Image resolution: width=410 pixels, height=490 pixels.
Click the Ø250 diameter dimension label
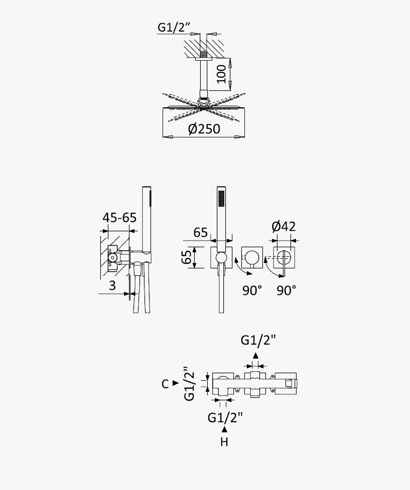tap(204, 129)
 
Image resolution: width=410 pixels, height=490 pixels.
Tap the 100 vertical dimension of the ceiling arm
tap(221, 74)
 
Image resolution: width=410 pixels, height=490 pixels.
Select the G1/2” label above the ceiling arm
tap(174, 27)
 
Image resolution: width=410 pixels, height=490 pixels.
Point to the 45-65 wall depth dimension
tap(119, 218)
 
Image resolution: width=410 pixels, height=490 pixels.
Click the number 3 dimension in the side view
tap(112, 285)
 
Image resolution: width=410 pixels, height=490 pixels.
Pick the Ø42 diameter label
tap(284, 226)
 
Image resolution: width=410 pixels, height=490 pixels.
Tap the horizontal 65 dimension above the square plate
tap(200, 233)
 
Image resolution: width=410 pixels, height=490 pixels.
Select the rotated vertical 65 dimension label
tap(187, 257)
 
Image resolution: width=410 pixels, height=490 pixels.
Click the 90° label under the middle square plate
tap(252, 290)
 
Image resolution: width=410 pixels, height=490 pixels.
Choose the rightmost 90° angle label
tap(286, 290)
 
